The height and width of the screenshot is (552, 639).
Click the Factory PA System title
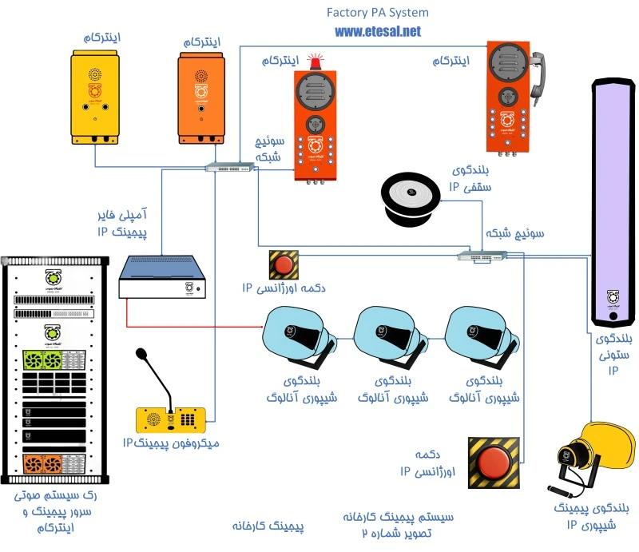(x=377, y=13)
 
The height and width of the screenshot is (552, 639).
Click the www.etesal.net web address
(x=377, y=32)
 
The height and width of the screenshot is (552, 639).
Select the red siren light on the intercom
(x=317, y=61)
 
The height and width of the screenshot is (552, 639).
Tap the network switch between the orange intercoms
(x=228, y=167)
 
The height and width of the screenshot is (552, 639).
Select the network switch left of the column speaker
(x=482, y=255)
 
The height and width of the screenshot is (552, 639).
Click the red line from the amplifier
(x=192, y=326)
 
